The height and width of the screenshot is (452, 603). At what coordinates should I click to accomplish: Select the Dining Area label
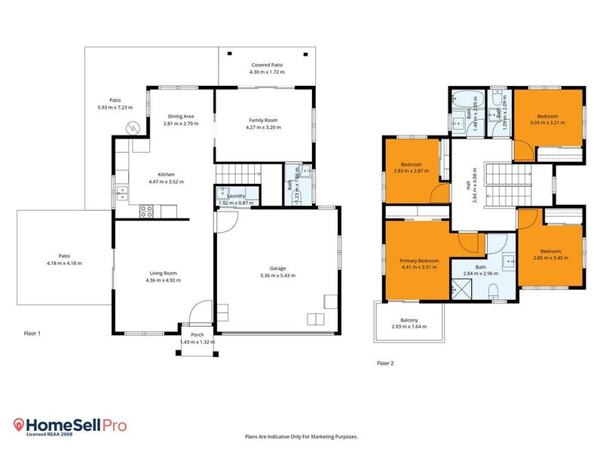pyautogui.click(x=182, y=116)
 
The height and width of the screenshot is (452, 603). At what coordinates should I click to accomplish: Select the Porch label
pyautogui.click(x=197, y=334)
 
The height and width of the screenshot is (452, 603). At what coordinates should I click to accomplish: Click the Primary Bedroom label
pyautogui.click(x=418, y=260)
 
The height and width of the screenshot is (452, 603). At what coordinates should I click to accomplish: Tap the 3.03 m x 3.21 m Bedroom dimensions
pyautogui.click(x=548, y=123)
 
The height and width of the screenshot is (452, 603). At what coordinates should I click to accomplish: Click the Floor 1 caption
pyautogui.click(x=32, y=333)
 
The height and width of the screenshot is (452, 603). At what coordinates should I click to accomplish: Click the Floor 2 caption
pyautogui.click(x=385, y=363)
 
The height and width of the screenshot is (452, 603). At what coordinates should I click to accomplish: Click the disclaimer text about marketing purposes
pyautogui.click(x=301, y=436)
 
